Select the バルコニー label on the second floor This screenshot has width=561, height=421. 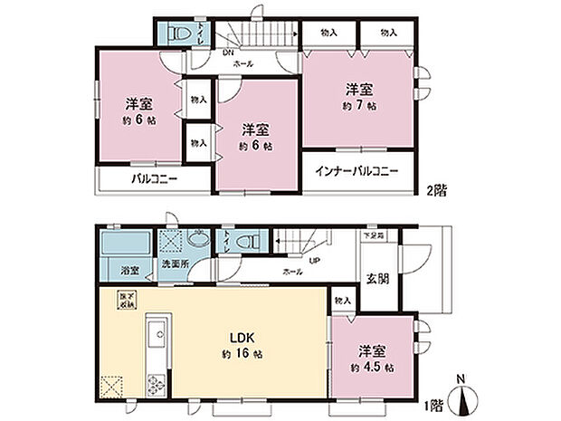pos(153,179)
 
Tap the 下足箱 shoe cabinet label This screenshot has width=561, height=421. pos(373,235)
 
